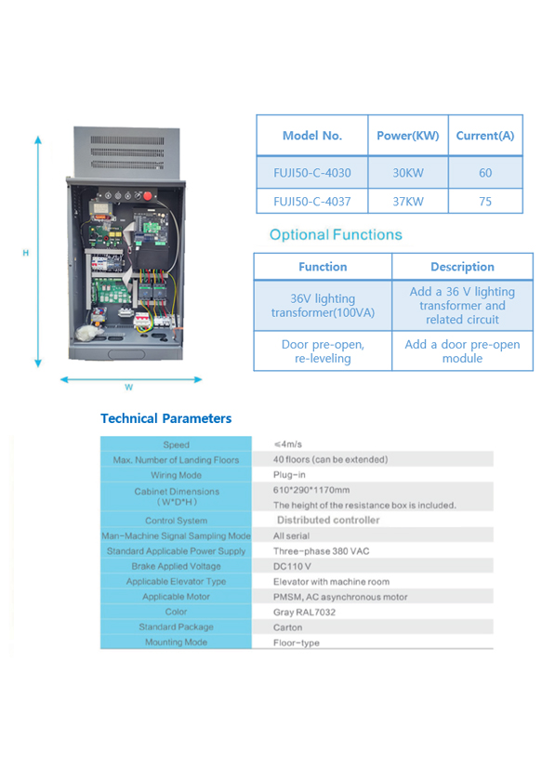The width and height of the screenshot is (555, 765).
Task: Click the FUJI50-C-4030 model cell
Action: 312,173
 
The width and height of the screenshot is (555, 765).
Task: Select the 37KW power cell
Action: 408,202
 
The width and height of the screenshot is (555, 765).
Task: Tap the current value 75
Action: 485,202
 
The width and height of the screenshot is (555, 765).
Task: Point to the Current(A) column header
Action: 485,136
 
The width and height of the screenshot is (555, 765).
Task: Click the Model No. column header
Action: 312,136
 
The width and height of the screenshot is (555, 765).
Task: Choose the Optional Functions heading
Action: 336,234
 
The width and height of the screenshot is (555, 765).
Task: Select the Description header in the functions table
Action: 462,267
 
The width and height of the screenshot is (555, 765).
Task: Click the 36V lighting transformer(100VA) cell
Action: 323,306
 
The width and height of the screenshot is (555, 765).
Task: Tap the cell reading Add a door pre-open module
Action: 462,351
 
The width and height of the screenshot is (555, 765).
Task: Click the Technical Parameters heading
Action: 166,418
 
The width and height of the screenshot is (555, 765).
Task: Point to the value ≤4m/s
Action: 288,444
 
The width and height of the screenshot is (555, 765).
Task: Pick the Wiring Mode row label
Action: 176,475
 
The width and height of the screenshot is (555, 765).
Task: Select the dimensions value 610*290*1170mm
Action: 311,490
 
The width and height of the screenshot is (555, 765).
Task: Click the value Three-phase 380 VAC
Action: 321,551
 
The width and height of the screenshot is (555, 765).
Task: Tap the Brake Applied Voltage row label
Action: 176,566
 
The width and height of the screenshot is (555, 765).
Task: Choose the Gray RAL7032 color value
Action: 304,613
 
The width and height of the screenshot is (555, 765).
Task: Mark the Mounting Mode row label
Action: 176,642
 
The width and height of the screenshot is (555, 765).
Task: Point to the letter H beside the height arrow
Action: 25,253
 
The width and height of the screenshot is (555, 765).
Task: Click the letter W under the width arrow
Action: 128,388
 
